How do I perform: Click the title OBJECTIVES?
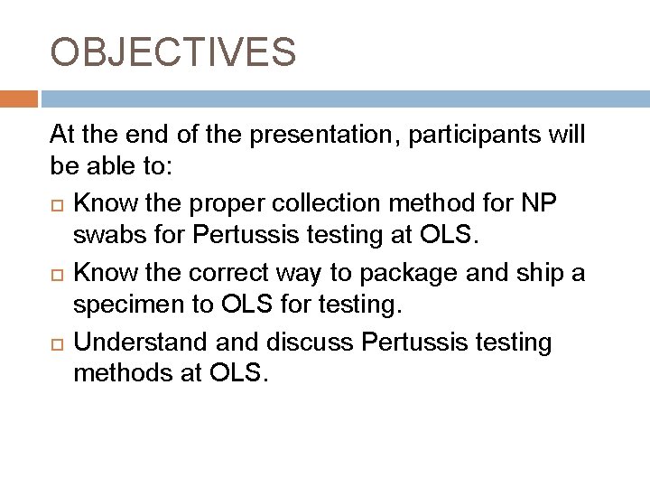point(172,52)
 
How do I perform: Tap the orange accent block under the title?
point(19,98)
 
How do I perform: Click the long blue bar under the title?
point(344,98)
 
